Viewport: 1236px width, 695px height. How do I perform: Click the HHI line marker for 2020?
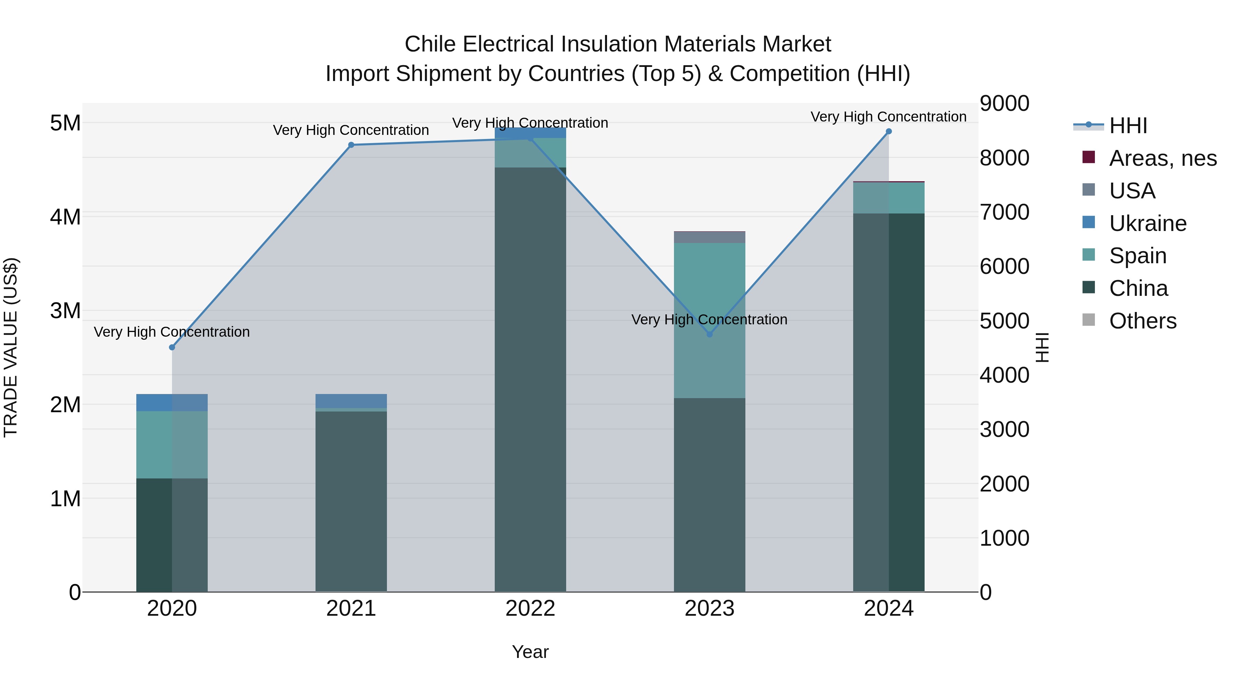point(172,347)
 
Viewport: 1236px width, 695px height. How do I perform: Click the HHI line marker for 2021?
point(351,145)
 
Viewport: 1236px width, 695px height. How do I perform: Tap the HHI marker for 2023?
point(710,334)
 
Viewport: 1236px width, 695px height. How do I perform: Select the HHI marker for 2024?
point(889,131)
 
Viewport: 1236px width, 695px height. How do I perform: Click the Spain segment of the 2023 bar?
point(710,288)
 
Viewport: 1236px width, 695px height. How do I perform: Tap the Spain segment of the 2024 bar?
point(889,198)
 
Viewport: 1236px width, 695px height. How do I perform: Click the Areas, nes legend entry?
point(1162,158)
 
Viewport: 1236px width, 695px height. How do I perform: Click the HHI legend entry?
point(1128,126)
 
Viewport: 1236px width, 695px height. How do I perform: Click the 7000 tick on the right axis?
point(1004,212)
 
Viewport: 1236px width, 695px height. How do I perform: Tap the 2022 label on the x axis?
point(530,609)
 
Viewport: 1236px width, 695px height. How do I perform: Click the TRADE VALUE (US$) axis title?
point(11,347)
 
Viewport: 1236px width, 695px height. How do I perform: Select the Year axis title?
point(530,652)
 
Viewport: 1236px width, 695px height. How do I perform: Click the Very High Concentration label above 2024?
point(889,117)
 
